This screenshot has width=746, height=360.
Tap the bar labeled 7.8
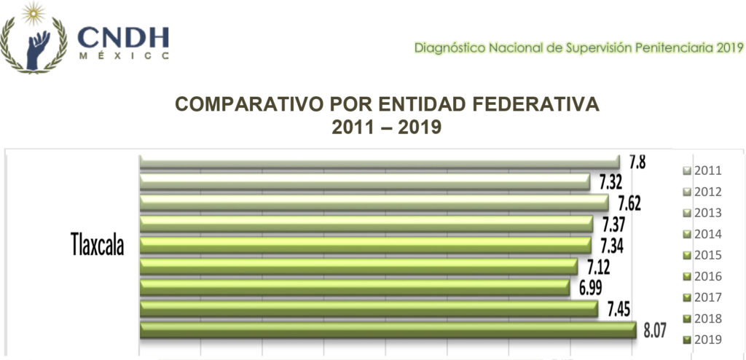point(379,160)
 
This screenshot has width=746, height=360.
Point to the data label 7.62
point(629,203)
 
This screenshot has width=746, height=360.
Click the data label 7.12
point(599,266)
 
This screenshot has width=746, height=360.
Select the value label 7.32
point(610,181)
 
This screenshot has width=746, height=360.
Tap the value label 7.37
point(613,224)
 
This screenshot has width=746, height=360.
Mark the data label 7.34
point(612,245)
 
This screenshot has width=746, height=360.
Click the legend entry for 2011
point(703,171)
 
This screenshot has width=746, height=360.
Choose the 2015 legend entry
point(703,255)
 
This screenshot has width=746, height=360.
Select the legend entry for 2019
point(703,340)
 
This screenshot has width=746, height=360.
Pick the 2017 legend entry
point(703,297)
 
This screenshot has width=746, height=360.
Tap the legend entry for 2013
point(703,214)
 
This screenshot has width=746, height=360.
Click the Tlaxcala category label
point(97,245)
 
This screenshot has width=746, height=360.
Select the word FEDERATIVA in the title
point(527,104)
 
